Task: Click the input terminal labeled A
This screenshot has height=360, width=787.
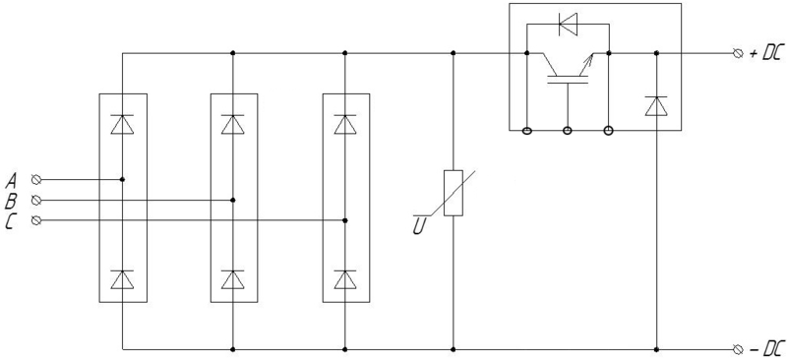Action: tap(36, 180)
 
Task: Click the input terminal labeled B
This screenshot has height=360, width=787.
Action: tap(36, 201)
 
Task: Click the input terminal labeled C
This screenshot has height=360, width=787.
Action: tap(36, 220)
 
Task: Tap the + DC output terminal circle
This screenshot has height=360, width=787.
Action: tap(738, 53)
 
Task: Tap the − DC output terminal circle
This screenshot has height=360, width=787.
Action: tap(738, 349)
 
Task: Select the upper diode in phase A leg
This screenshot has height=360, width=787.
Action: tap(122, 124)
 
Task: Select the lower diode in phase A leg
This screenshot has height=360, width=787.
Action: tap(122, 279)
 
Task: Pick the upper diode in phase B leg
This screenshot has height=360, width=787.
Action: tap(233, 124)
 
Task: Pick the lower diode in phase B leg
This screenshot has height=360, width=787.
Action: tap(233, 279)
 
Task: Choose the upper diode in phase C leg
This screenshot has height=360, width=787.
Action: tap(345, 124)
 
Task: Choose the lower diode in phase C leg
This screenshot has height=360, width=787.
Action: tap(345, 279)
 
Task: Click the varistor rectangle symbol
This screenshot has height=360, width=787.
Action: tap(454, 194)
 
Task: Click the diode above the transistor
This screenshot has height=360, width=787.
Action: tap(568, 23)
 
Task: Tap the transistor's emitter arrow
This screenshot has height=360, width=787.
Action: tap(588, 60)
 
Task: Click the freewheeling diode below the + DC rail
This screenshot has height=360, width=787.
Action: tap(656, 106)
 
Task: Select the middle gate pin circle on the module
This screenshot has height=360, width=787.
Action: tap(568, 131)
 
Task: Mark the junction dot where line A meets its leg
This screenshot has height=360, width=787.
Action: tap(122, 179)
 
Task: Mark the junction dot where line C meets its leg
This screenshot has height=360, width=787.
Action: tap(345, 220)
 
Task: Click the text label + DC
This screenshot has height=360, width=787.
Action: tap(765, 54)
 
